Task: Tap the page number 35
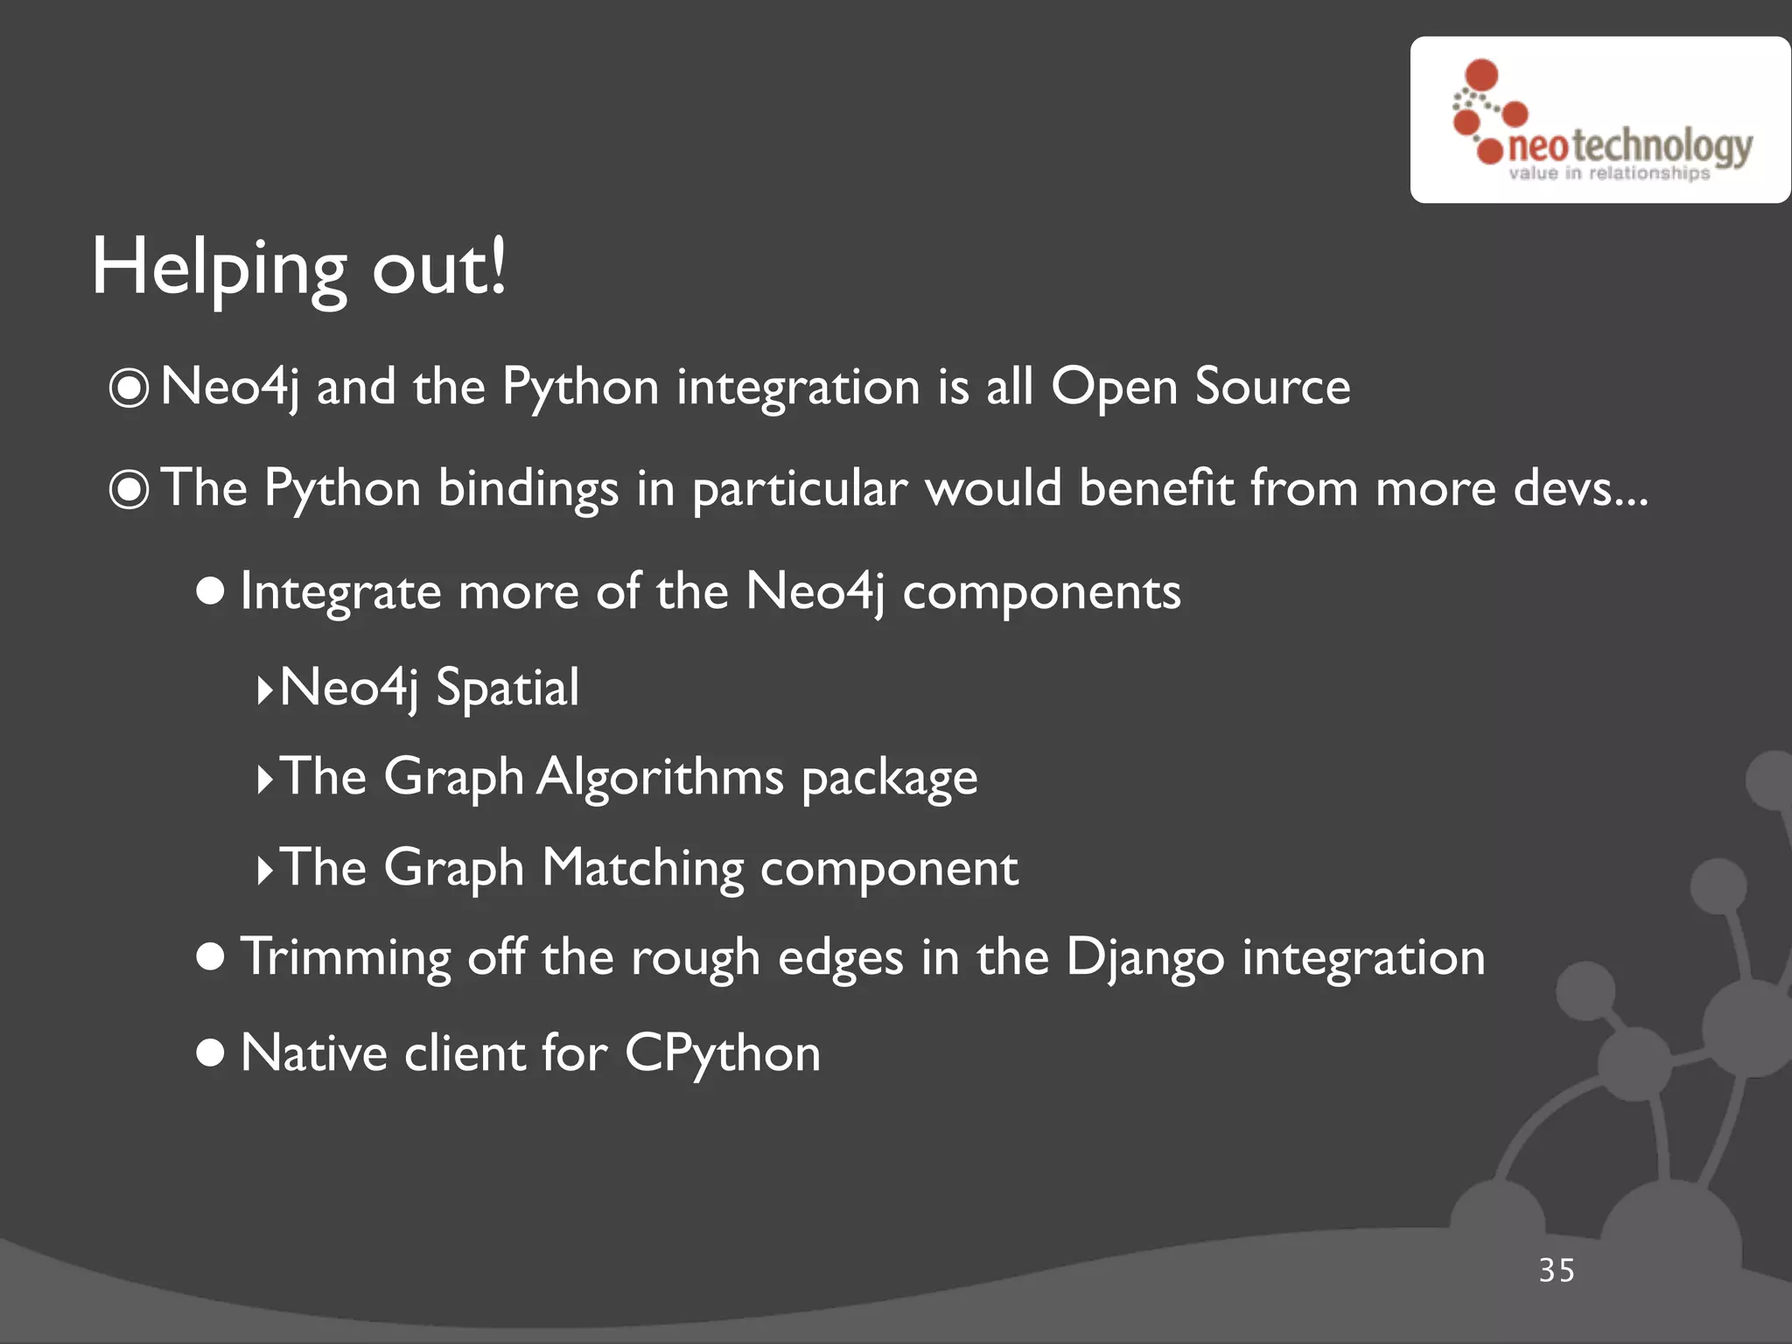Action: tap(1557, 1270)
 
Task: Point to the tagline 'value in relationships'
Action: tap(1608, 173)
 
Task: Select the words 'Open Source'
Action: tap(1200, 387)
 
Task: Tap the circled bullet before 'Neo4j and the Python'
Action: tap(129, 388)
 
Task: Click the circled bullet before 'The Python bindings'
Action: tap(129, 489)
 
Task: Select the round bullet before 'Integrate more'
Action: tap(211, 591)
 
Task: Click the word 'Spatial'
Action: tap(507, 688)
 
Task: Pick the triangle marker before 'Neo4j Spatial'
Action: tap(264, 689)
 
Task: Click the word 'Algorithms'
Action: tap(660, 777)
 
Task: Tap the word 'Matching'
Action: tap(642, 868)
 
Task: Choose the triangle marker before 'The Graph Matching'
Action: tap(264, 871)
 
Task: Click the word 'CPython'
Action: tap(723, 1053)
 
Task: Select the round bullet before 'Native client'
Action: tap(211, 1053)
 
